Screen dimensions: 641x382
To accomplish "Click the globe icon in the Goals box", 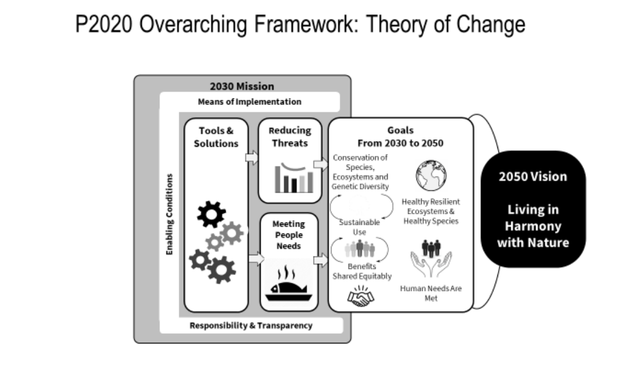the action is [x=431, y=176].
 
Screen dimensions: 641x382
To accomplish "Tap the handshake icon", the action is [x=361, y=297].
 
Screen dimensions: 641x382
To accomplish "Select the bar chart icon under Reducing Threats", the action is [x=294, y=178].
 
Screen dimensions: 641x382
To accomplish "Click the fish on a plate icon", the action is [x=289, y=283].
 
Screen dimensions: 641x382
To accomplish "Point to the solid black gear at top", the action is [x=211, y=214].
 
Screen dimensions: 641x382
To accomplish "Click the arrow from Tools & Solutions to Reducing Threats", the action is [x=252, y=158].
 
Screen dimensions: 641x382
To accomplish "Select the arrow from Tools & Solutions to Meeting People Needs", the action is [x=257, y=258].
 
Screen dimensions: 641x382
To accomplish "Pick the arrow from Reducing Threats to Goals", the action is [x=321, y=165].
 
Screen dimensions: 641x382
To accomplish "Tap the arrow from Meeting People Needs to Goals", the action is [x=321, y=260].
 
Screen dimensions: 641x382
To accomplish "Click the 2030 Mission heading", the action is [x=242, y=86].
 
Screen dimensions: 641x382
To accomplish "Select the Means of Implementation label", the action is [x=249, y=102].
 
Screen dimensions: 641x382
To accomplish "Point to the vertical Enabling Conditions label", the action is [x=169, y=215].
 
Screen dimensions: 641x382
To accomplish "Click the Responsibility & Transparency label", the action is [x=251, y=326].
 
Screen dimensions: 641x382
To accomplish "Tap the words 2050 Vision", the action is [x=532, y=177].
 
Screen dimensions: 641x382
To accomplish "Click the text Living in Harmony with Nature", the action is [x=533, y=226].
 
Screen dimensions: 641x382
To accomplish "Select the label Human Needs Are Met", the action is [x=431, y=293].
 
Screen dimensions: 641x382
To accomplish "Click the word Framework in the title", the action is [x=306, y=24].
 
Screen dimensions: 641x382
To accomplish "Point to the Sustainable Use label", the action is [x=360, y=227].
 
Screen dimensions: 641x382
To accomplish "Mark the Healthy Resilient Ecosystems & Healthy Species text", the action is [x=431, y=212].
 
